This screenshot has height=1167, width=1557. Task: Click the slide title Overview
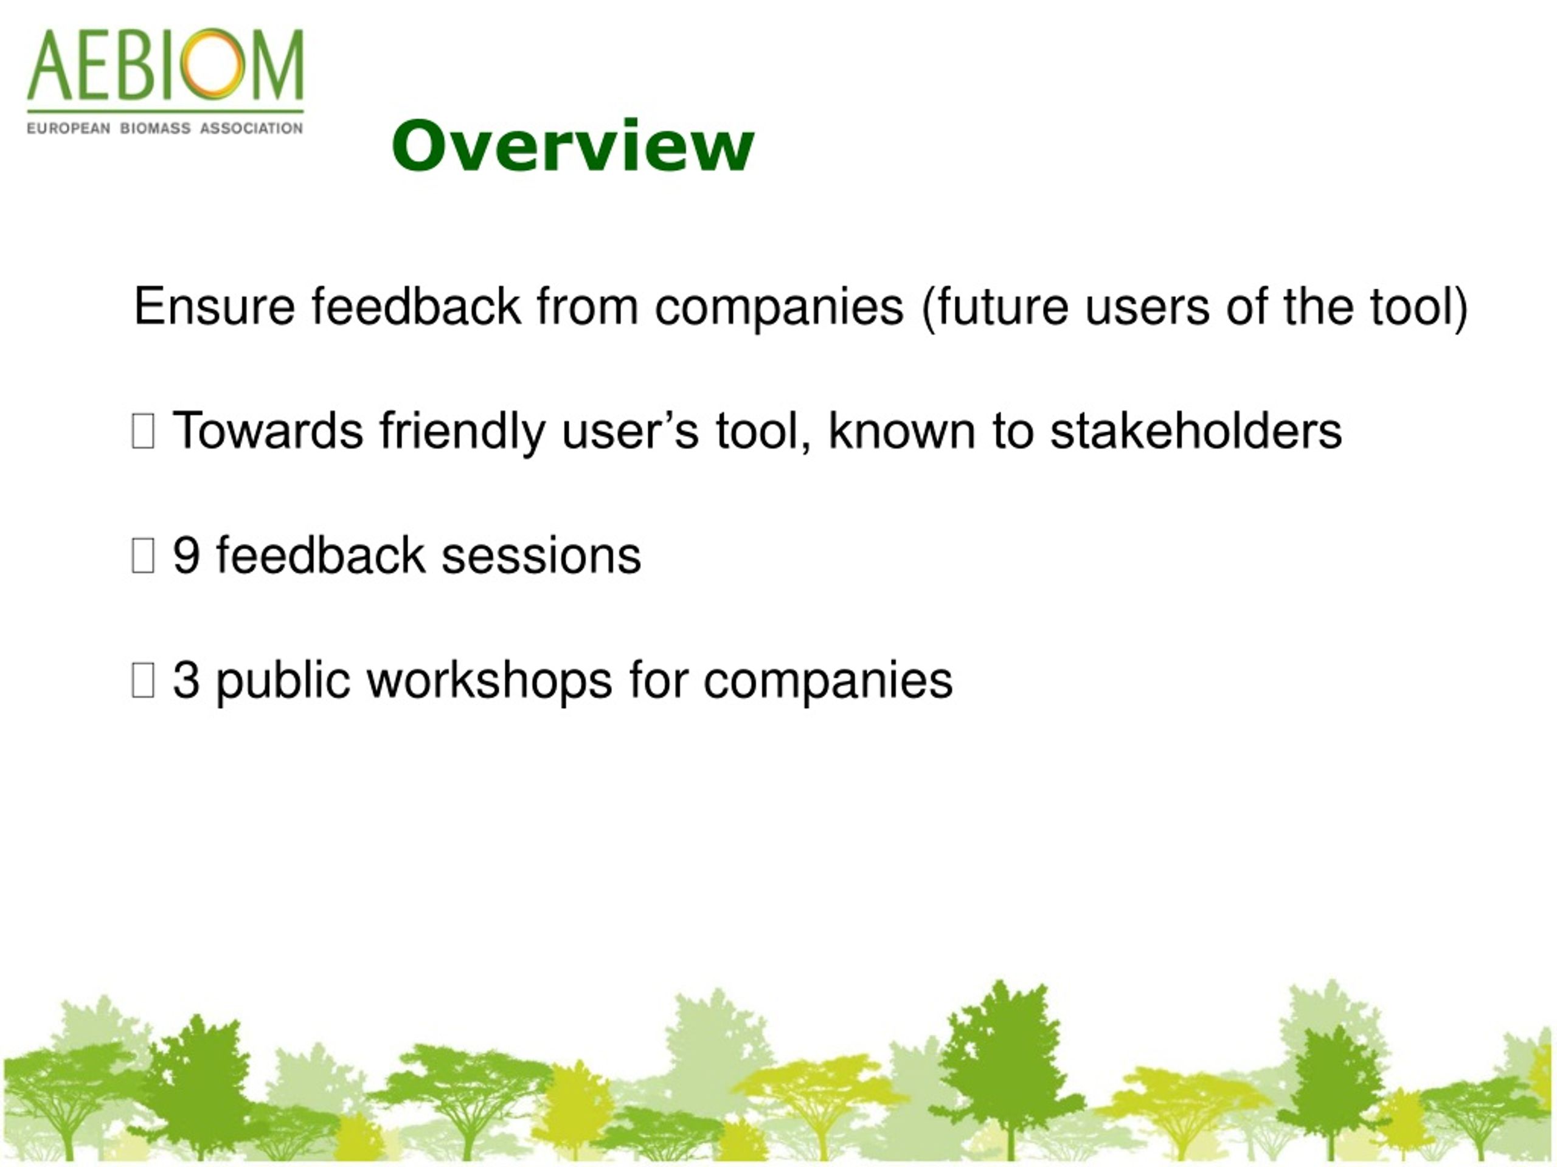tap(573, 146)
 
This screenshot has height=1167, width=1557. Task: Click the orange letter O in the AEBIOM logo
tap(212, 63)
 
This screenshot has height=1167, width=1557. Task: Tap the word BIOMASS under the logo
tap(155, 129)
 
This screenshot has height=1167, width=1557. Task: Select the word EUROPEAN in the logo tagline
tap(68, 129)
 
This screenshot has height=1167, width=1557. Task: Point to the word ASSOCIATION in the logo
tap(251, 129)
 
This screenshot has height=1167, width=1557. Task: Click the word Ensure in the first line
tap(214, 307)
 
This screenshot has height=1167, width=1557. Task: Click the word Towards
tap(268, 430)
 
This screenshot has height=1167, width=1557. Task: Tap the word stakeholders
tap(1196, 430)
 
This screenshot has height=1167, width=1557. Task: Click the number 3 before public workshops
tap(186, 680)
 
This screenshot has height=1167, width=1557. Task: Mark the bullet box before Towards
tap(143, 431)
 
